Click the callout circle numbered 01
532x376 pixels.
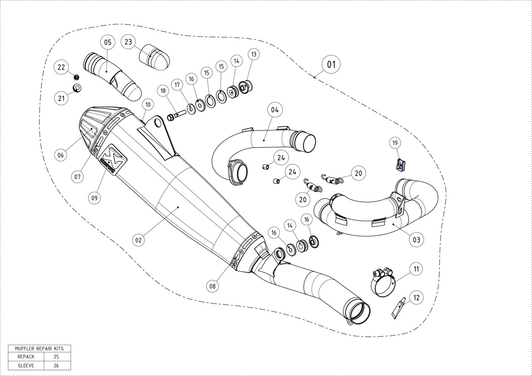coord(331,65)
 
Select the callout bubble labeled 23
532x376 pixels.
coord(128,42)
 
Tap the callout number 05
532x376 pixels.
coord(107,42)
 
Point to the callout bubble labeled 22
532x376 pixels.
coord(61,67)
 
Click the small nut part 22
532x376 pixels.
coord(77,76)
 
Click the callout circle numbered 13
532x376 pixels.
coord(254,54)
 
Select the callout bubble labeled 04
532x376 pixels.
coord(275,110)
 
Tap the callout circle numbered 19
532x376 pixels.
coord(395,143)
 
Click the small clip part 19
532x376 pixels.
coord(400,163)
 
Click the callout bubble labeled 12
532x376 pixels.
coord(416,298)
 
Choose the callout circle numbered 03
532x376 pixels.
coord(416,240)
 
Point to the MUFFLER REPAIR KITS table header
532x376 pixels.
coord(39,348)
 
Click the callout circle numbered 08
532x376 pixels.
coord(212,286)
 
